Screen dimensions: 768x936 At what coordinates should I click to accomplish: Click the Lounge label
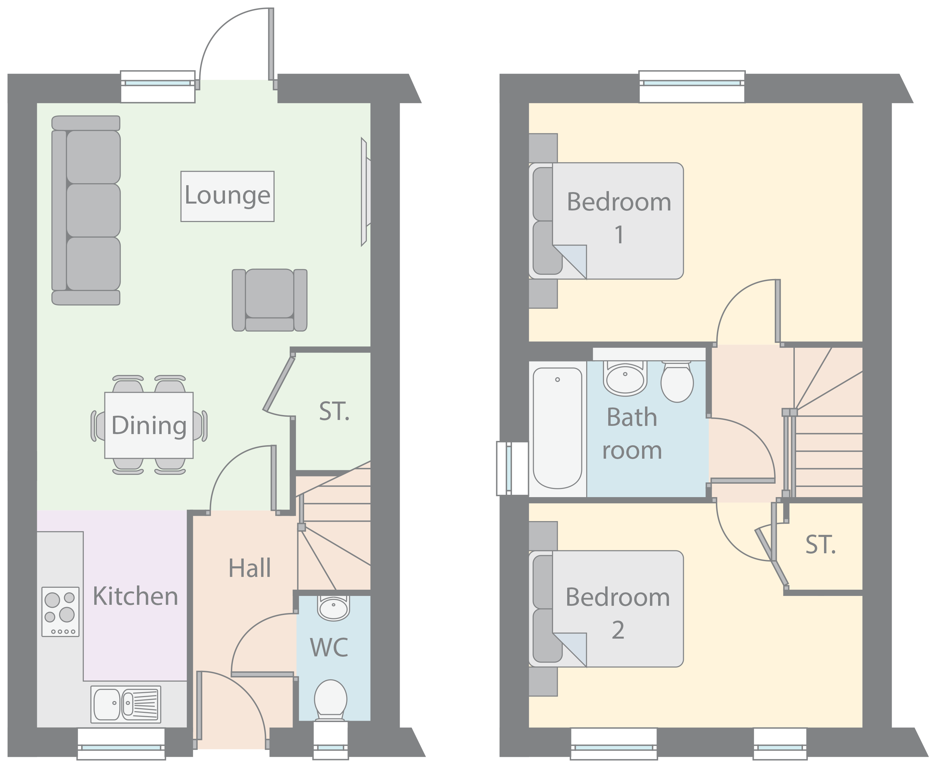[227, 196]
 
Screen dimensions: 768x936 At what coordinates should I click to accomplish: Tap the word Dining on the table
[149, 426]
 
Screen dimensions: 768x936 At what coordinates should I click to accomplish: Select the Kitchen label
[135, 596]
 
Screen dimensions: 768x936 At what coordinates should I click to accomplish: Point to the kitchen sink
[126, 704]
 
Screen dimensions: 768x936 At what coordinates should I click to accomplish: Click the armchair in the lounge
[270, 300]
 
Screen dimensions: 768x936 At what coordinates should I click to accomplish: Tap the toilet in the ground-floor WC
[331, 700]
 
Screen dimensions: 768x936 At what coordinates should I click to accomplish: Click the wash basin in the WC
[334, 608]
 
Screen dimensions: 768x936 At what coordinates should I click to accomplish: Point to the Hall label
[250, 568]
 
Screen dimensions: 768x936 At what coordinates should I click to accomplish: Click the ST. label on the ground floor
[334, 412]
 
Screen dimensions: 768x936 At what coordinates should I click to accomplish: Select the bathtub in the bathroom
[557, 428]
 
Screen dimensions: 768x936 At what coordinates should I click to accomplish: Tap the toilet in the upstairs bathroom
[677, 382]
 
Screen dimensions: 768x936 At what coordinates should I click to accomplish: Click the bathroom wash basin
[625, 379]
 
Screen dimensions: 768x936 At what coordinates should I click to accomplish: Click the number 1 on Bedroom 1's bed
[619, 235]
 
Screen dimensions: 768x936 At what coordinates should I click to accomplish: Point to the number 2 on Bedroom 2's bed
[618, 630]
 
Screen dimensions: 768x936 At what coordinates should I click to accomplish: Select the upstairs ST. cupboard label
[820, 545]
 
